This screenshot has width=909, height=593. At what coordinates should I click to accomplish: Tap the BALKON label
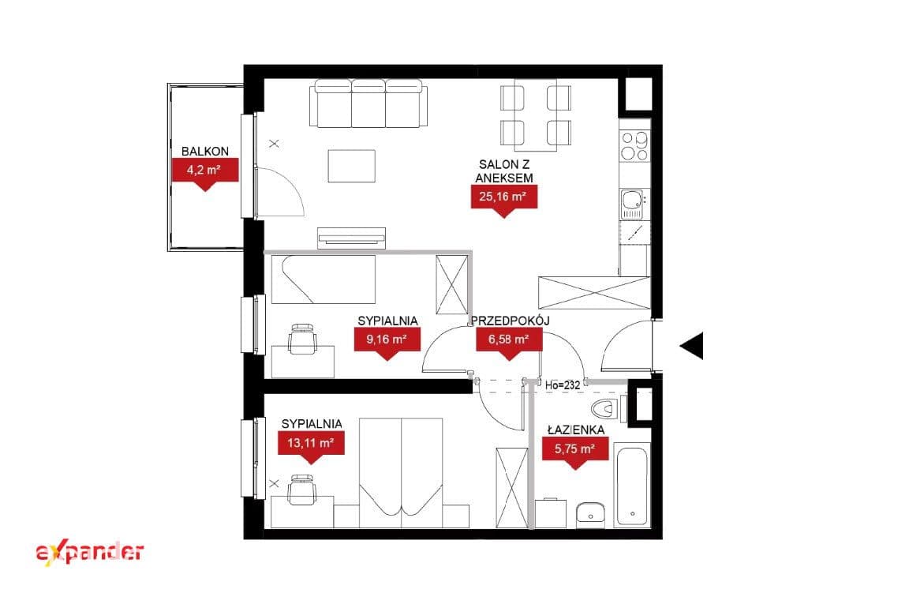click(x=205, y=152)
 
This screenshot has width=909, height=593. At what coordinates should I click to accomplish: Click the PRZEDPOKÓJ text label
click(x=511, y=321)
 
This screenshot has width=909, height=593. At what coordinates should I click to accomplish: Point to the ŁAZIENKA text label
click(x=576, y=430)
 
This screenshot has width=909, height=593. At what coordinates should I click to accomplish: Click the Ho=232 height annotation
click(x=563, y=385)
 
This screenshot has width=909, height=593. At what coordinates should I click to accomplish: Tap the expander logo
click(x=90, y=553)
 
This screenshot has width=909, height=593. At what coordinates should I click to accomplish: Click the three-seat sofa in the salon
click(x=368, y=103)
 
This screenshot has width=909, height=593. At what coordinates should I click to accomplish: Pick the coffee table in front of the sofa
click(x=351, y=166)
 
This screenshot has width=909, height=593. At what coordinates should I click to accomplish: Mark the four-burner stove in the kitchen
click(x=634, y=146)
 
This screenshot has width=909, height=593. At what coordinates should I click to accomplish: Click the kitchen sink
click(x=633, y=205)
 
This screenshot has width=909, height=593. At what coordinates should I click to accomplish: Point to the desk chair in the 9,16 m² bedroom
click(x=303, y=339)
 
